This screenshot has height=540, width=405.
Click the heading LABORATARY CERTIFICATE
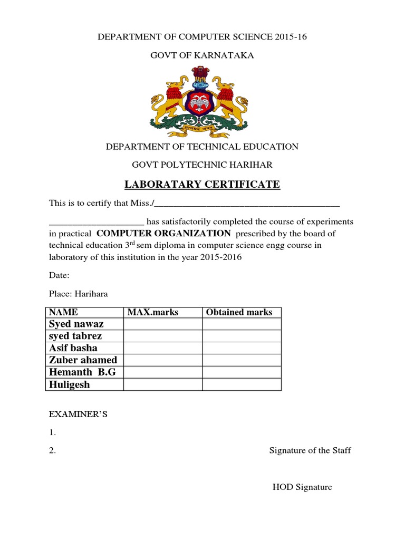[202, 185]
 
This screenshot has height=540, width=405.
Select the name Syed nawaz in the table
[76, 324]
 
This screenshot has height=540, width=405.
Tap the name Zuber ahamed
[83, 360]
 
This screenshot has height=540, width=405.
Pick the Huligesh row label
[69, 384]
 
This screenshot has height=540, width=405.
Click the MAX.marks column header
[153, 312]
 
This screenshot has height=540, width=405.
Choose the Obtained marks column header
[239, 312]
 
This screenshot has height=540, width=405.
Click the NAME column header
[63, 312]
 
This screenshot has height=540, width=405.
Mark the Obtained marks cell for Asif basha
[242, 348]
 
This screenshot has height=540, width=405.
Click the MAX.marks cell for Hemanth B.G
[163, 372]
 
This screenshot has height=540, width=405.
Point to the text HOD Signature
[302, 487]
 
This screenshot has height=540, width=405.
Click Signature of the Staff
[310, 450]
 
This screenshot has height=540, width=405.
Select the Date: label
[59, 275]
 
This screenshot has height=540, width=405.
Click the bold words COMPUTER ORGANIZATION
[163, 234]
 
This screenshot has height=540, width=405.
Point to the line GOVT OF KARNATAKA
[202, 55]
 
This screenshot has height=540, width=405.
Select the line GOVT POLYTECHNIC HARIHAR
[202, 165]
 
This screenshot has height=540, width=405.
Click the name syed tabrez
[75, 336]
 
